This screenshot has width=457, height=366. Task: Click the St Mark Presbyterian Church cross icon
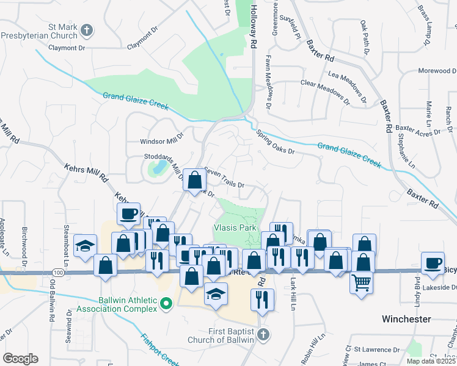coord(87,29)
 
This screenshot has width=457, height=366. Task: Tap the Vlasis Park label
coord(234,227)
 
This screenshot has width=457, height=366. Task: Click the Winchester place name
coord(407,319)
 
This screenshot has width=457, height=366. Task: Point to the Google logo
coord(20,358)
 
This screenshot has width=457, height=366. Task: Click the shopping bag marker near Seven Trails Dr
coord(194,180)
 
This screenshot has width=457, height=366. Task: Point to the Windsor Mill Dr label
coord(162,141)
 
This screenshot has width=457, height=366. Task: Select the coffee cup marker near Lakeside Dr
coord(433,262)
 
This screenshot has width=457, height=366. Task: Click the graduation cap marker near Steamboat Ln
coord(85,246)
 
